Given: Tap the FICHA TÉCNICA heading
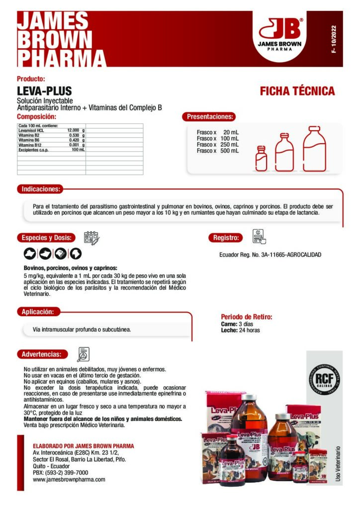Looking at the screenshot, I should [x=297, y=91].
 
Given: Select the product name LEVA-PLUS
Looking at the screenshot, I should [x=44, y=91].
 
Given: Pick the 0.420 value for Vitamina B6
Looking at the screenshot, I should [x=74, y=140].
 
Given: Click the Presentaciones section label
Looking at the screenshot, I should [x=209, y=117].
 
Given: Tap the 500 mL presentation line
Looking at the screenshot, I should [x=218, y=151].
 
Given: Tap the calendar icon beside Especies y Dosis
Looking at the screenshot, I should [x=91, y=237].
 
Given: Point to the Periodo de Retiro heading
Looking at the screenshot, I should [x=246, y=317].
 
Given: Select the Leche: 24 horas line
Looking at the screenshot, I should [x=240, y=330].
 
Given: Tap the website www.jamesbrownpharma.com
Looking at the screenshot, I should [x=69, y=480].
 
